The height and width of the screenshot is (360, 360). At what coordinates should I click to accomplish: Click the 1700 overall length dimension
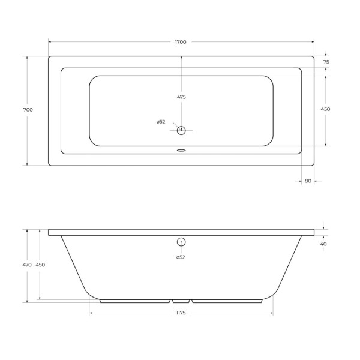click(181, 42)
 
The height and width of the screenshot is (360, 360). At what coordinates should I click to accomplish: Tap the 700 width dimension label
click(28, 110)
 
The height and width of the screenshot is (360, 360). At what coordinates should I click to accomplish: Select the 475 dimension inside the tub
click(181, 97)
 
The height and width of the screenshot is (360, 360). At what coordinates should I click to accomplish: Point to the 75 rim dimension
click(326, 62)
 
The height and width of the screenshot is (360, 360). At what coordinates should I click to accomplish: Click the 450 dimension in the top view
click(326, 110)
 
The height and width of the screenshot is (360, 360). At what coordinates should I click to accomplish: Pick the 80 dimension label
click(308, 181)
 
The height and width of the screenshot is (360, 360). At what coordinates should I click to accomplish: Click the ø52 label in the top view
click(161, 122)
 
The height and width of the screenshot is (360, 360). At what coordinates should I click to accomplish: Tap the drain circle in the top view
click(182, 130)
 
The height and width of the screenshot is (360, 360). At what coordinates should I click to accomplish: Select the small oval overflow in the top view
click(181, 151)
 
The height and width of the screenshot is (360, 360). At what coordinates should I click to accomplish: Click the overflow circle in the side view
click(182, 242)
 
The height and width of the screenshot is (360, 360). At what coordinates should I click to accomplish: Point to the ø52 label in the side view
click(181, 257)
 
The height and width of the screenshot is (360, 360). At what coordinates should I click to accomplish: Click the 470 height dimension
click(27, 265)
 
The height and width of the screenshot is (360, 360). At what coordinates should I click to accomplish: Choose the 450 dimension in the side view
click(40, 265)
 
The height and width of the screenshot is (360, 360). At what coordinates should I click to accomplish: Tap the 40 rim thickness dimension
click(324, 244)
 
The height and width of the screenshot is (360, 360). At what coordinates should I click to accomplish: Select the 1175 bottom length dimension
click(181, 313)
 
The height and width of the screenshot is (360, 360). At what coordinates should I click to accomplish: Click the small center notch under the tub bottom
click(181, 301)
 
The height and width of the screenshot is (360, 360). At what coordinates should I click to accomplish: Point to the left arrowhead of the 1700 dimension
click(50, 42)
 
